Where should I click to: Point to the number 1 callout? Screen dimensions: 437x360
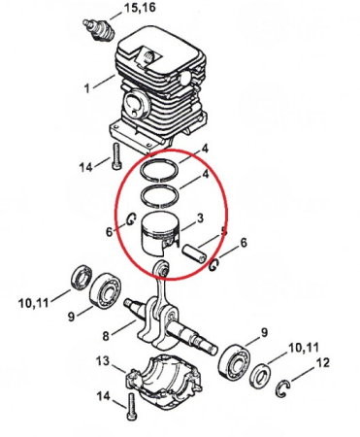pos(87,87)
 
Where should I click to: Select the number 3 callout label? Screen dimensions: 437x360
pos(200,218)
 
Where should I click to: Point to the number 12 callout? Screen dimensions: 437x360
pos(323,363)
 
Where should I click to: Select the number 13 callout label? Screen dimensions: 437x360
pos(102,361)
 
